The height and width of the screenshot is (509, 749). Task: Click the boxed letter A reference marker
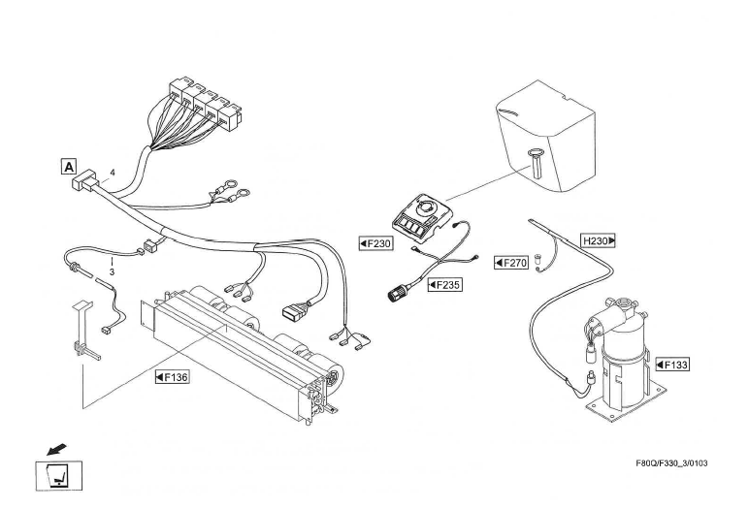tap(69, 166)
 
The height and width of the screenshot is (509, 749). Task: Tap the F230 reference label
tap(375, 243)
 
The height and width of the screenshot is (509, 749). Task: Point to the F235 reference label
tap(444, 285)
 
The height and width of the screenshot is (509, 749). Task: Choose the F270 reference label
tap(510, 262)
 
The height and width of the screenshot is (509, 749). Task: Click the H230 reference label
tap(599, 239)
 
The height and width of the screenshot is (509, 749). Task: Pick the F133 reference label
tap(672, 365)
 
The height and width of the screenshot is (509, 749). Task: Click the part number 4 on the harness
tap(113, 173)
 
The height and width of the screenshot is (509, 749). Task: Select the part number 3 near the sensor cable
tap(112, 272)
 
